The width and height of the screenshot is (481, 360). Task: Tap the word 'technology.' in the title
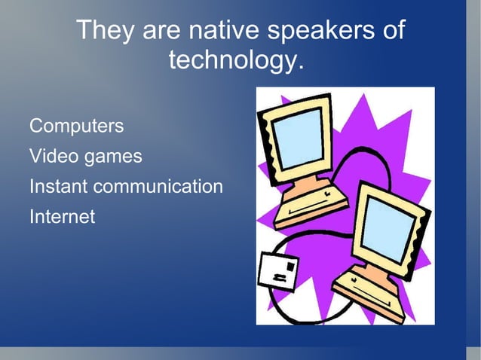pos(236,59)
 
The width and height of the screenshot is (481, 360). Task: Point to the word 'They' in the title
pos(103,31)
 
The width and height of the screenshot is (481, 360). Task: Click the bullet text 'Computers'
pos(76,126)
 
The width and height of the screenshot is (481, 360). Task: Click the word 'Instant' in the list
pos(57,186)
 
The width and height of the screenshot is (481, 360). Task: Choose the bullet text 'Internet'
pos(62,217)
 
